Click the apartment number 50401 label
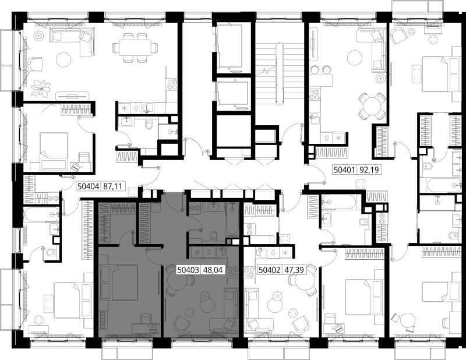345,170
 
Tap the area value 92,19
369,170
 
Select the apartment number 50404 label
89,186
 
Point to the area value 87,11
113,186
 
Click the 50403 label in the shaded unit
188,270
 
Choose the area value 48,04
213,270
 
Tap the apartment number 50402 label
270,270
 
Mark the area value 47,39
294,270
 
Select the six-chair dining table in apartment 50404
135,48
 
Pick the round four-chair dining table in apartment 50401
372,106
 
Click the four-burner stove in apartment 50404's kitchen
172,84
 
